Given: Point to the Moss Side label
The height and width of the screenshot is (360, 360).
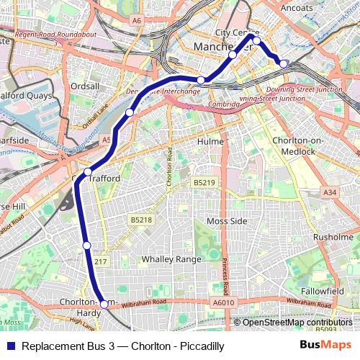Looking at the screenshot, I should click(x=226, y=220).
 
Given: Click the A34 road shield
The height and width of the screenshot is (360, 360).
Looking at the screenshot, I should click(x=330, y=192).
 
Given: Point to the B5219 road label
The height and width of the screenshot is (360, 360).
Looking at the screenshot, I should click(x=204, y=184).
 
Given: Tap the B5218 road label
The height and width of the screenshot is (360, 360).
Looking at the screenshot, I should click(x=141, y=220).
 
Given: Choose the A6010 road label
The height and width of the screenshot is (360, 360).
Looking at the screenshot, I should click(x=225, y=304).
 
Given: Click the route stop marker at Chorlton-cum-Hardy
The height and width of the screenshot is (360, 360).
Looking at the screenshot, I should click(x=104, y=305).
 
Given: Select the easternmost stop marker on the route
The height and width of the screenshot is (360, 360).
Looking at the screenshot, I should click(x=284, y=64).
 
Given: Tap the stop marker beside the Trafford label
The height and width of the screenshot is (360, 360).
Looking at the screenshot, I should click(x=88, y=171).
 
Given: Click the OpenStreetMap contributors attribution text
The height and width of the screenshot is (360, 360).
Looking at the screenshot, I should click(x=297, y=323).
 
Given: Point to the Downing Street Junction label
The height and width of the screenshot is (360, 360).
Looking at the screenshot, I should click(x=304, y=89).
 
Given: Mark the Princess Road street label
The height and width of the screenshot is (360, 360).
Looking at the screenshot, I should click(x=225, y=274).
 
